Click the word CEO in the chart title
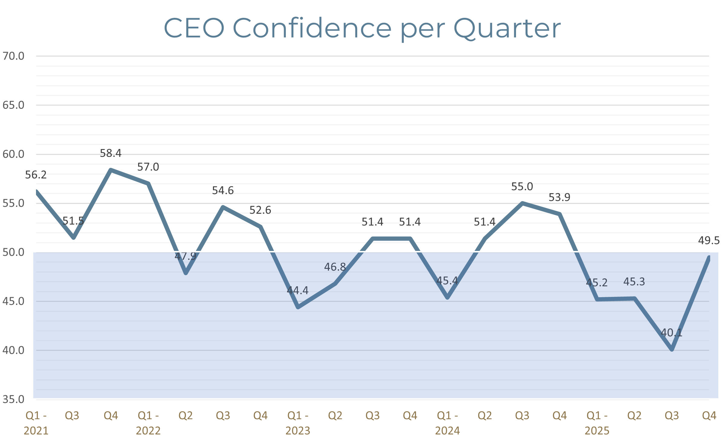pos(194,28)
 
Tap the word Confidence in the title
pos(312,28)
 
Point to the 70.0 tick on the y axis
pos(13,56)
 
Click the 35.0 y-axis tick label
pos(13,399)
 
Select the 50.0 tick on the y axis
pos(13,252)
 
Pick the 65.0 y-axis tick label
pos(13,105)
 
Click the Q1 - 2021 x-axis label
pos(36,423)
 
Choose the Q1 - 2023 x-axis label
pos(298,423)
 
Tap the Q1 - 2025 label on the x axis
pos(597,423)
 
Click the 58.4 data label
pos(111,153)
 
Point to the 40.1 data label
pos(671,333)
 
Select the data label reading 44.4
pos(298,291)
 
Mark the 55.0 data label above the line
pos(522,187)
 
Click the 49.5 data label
pos(709,241)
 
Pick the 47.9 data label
pos(185,256)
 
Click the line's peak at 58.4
pos(111,170)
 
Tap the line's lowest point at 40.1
pos(672,349)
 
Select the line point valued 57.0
pos(148,184)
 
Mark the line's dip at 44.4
pos(298,307)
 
